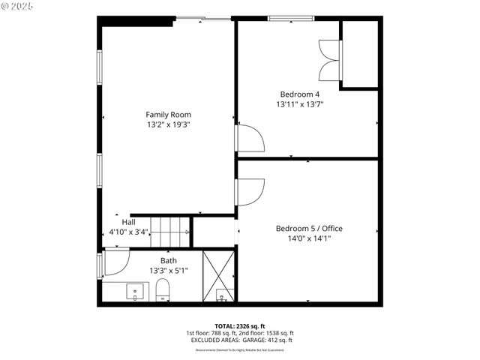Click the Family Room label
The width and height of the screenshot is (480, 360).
(x=168, y=115)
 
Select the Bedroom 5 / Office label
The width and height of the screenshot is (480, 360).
(x=309, y=228)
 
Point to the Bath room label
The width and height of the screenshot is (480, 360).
(x=168, y=260)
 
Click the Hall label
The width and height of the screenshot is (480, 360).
(x=128, y=222)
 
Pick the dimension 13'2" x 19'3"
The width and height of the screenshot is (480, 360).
(x=168, y=125)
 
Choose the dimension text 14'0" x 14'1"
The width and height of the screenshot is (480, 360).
(x=309, y=238)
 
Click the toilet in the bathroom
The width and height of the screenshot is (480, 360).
(x=163, y=290)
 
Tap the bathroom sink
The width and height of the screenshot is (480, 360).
(x=136, y=290)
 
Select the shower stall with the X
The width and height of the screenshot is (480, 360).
(x=220, y=275)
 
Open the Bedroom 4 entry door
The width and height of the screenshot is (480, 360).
(x=249, y=139)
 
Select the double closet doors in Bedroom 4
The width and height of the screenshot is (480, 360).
(x=329, y=59)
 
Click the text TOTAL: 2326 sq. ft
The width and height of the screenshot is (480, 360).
(x=239, y=326)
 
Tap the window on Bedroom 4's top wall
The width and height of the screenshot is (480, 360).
(x=291, y=18)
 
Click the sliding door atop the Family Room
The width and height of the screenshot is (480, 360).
(x=202, y=18)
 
